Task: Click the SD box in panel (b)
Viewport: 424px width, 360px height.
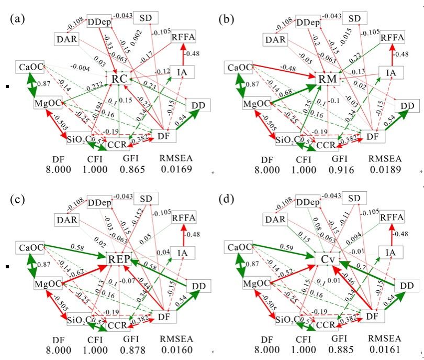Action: [355, 19]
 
